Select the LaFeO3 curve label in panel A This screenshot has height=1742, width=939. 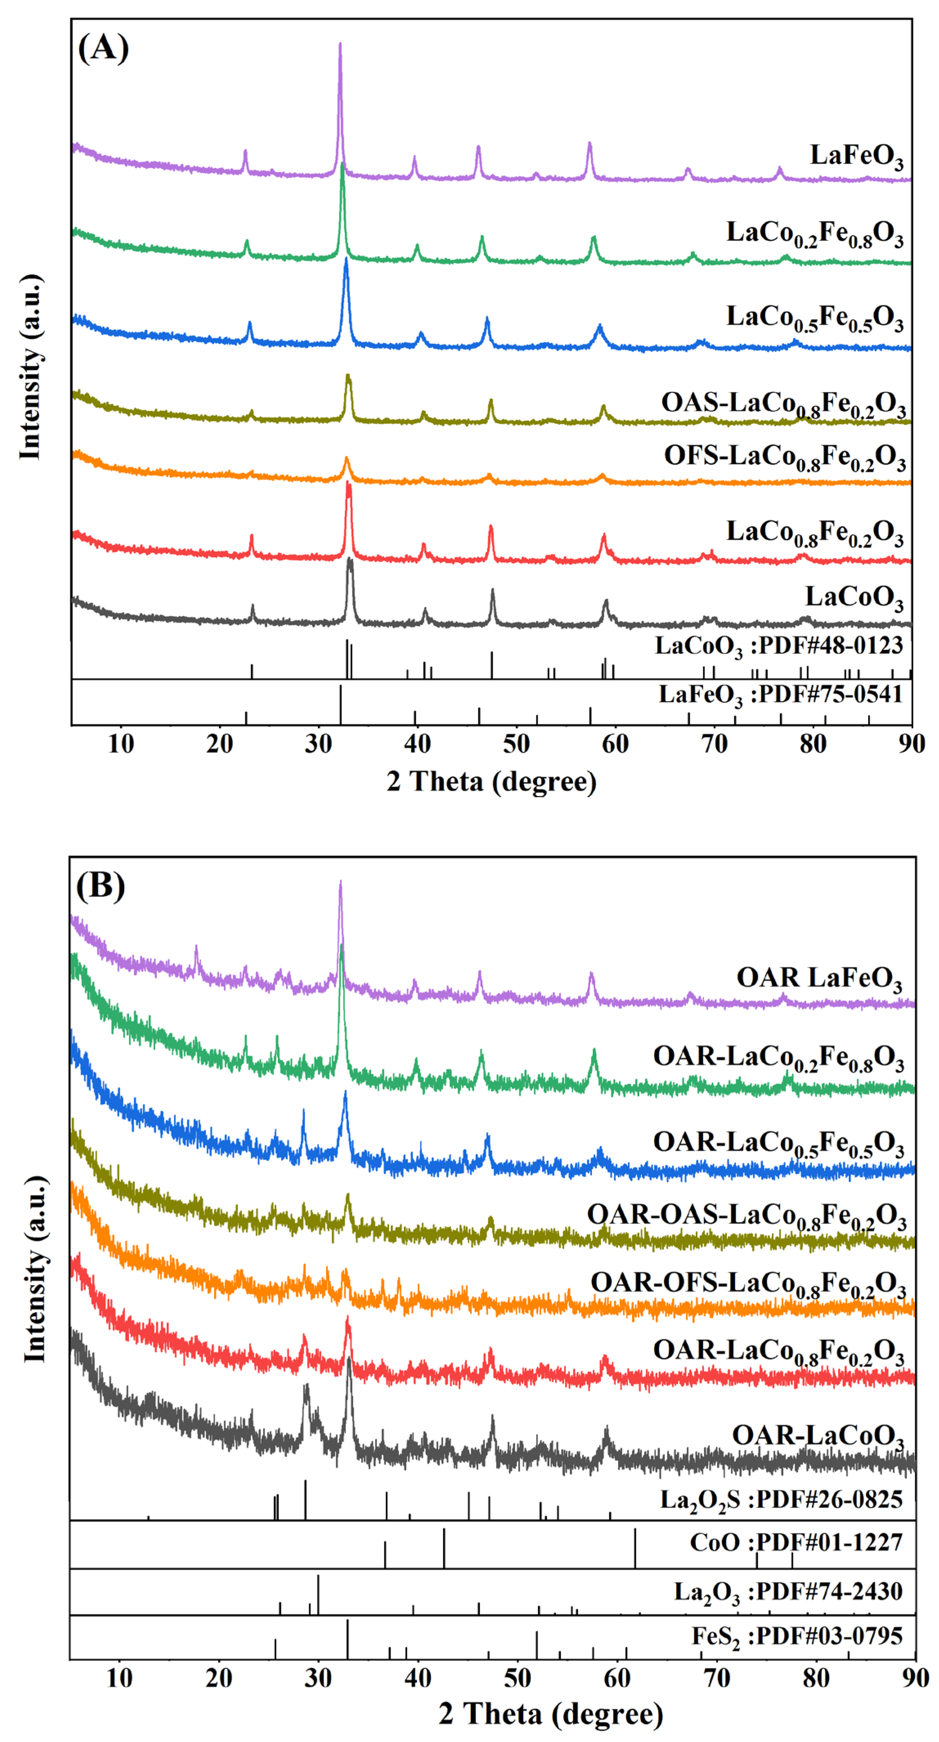pos(856,156)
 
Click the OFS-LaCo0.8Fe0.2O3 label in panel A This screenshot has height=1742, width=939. pos(784,458)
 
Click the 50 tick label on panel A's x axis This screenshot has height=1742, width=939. pos(516,744)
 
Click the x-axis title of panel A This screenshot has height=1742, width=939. pos(491,781)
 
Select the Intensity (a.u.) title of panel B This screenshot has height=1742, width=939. pos(35,1269)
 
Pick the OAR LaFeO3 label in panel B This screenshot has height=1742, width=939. pos(819,979)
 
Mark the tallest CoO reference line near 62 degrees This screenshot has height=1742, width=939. pos(635,1547)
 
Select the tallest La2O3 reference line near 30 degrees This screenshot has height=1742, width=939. pos(318,1594)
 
